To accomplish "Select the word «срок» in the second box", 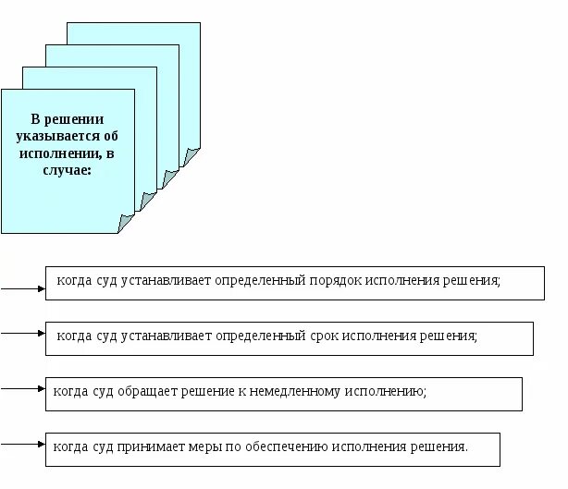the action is click(321, 336).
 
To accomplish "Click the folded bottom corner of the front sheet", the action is click(126, 222).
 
